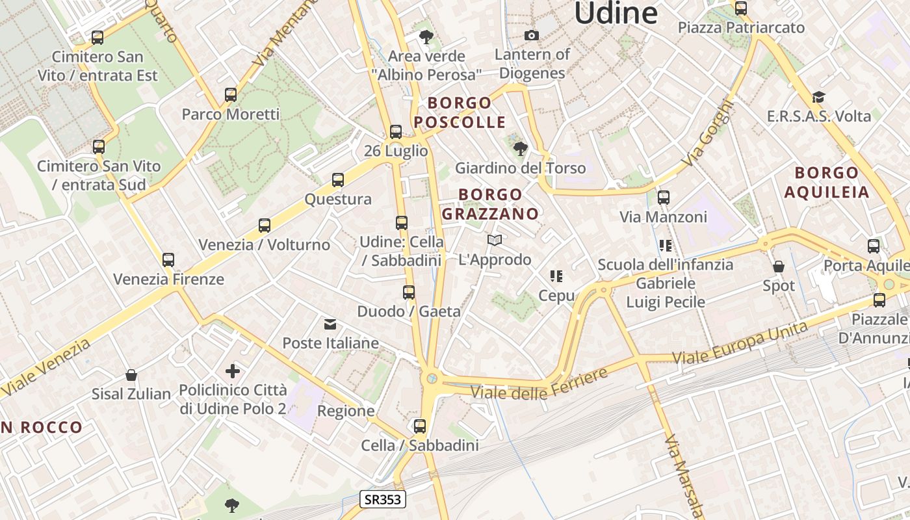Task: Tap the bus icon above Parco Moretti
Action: pos(231,95)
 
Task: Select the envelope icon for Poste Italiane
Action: pos(330,324)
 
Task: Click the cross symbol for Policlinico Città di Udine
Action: pos(233,371)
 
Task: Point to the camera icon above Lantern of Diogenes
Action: pos(532,35)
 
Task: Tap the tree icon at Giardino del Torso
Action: pos(520,149)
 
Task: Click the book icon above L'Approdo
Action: pos(495,240)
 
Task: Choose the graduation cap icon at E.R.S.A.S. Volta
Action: pos(818,97)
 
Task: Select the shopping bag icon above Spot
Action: pos(779,266)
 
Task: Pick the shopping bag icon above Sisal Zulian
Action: pos(131,375)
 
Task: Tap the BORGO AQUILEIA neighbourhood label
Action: pos(826,182)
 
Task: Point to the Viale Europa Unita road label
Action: pos(740,343)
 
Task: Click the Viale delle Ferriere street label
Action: pos(539,384)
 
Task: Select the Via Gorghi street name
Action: pos(708,133)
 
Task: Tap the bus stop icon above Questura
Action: pos(338,180)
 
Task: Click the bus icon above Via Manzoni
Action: pos(664,198)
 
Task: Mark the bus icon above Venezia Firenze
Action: pos(168,260)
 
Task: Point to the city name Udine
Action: pos(616,13)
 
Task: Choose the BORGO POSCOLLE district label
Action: pos(460,112)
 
